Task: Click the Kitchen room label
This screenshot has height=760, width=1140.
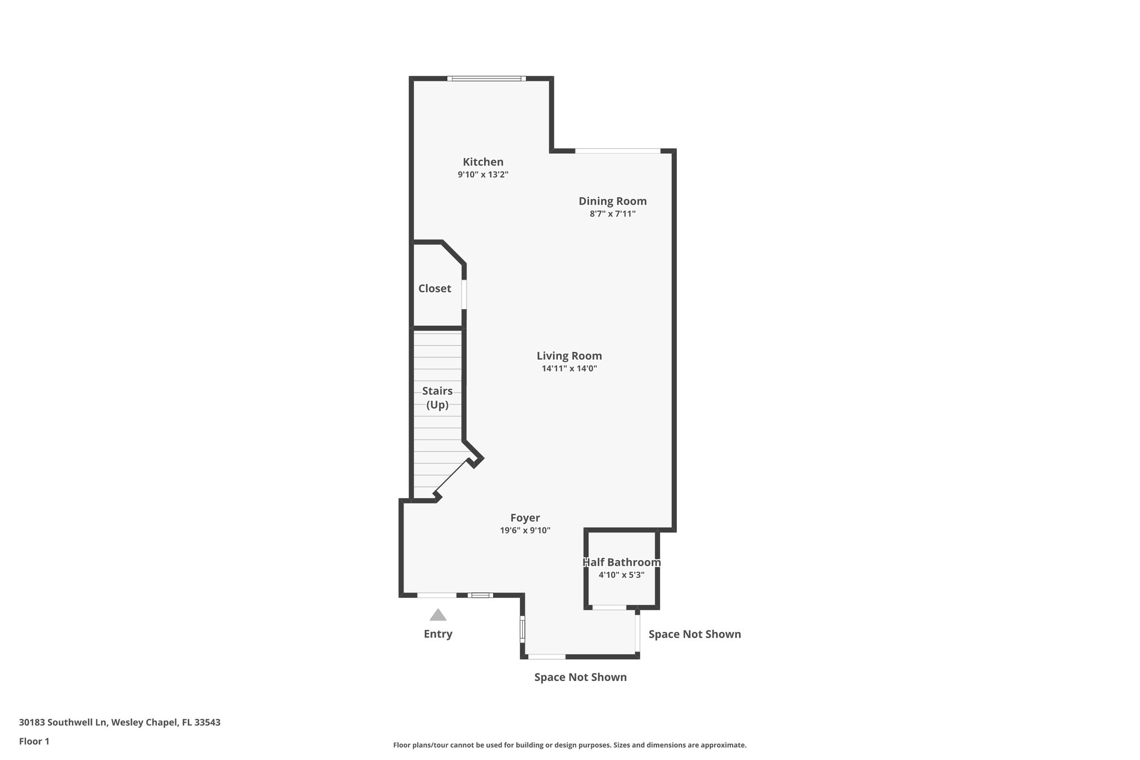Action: pyautogui.click(x=483, y=162)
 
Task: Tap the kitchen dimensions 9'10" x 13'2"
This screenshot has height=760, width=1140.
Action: pyautogui.click(x=483, y=175)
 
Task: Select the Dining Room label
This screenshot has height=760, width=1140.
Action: pyautogui.click(x=612, y=201)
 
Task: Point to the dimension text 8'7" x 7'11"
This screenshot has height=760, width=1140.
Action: pyautogui.click(x=612, y=214)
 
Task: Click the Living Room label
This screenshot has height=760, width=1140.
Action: pyautogui.click(x=569, y=356)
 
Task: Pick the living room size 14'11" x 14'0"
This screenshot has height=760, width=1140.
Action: pyautogui.click(x=569, y=369)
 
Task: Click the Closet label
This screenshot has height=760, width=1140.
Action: pyautogui.click(x=435, y=288)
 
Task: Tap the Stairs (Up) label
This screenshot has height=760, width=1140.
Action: pyautogui.click(x=437, y=398)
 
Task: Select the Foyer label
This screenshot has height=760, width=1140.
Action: pyautogui.click(x=525, y=518)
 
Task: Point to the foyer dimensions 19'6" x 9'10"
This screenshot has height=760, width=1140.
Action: pyautogui.click(x=525, y=531)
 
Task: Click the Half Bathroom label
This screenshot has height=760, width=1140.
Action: pyautogui.click(x=621, y=562)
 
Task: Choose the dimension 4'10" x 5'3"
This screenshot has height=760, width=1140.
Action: pyautogui.click(x=621, y=575)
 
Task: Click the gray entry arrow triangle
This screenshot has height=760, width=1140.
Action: pyautogui.click(x=438, y=615)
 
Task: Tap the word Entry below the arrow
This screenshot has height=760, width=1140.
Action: pyautogui.click(x=438, y=634)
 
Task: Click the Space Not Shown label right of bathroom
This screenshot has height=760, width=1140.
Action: pyautogui.click(x=694, y=634)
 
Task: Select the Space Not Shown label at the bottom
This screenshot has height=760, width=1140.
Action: pyautogui.click(x=580, y=677)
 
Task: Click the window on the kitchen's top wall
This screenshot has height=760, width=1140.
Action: pyautogui.click(x=486, y=79)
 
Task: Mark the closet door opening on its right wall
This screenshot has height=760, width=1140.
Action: pyautogui.click(x=464, y=294)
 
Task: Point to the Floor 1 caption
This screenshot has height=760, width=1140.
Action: pyautogui.click(x=34, y=741)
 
